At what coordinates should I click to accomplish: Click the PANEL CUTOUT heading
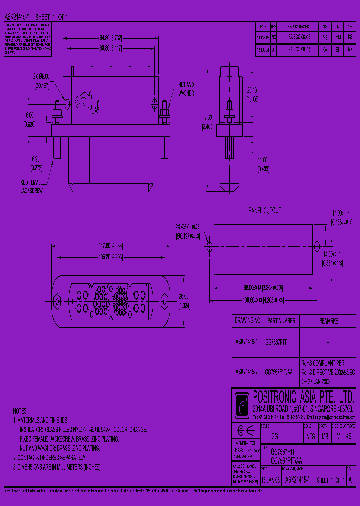point(265,211)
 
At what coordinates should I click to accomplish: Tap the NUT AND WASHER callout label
point(186,89)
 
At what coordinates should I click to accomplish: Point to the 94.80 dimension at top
point(108,37)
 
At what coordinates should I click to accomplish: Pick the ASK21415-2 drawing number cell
point(246,372)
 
